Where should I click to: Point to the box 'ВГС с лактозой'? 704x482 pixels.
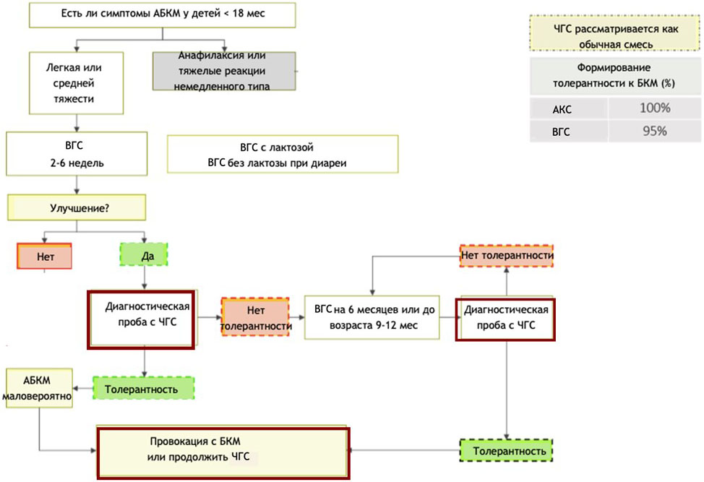(x=283, y=155)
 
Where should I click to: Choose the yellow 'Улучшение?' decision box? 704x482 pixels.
(x=77, y=207)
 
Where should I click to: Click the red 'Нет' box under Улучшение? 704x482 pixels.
(x=45, y=256)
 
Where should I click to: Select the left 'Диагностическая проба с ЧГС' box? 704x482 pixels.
(x=140, y=319)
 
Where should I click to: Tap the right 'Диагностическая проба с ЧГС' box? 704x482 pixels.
(x=506, y=318)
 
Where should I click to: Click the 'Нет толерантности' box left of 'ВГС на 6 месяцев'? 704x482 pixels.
(x=256, y=318)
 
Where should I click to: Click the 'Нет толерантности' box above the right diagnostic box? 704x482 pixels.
(x=507, y=256)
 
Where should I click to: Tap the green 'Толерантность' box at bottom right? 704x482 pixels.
(x=506, y=452)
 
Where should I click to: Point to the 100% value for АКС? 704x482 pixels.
(x=655, y=109)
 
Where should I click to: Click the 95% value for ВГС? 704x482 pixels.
(x=653, y=131)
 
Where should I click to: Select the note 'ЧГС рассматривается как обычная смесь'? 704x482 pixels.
(x=614, y=36)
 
